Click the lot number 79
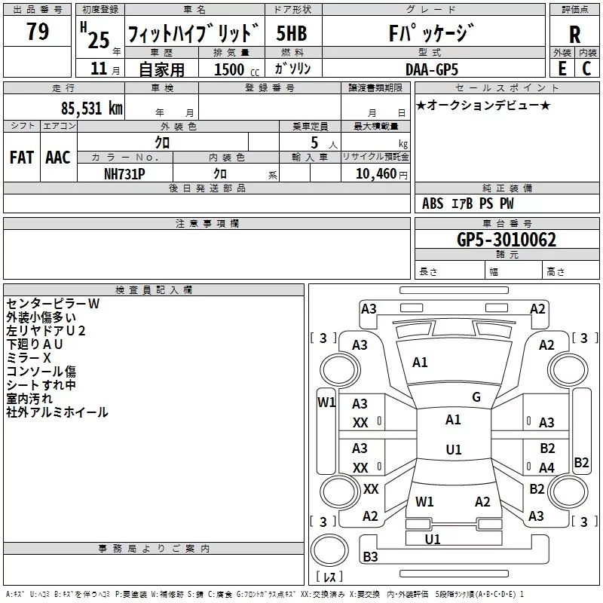(38, 31)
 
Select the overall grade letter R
(574, 35)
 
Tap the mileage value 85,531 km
(92, 109)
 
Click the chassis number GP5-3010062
(507, 240)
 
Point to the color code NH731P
(124, 174)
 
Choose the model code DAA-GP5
(432, 69)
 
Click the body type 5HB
(292, 33)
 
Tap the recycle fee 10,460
(376, 174)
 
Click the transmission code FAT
(22, 158)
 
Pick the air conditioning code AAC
(58, 158)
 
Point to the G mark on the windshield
(476, 396)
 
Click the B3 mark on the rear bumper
(370, 556)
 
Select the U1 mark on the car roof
(454, 449)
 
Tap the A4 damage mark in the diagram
(546, 467)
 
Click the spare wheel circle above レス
(329, 550)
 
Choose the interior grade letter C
(586, 69)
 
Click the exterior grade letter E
(562, 69)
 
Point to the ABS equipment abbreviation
(433, 204)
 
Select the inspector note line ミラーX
(29, 357)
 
